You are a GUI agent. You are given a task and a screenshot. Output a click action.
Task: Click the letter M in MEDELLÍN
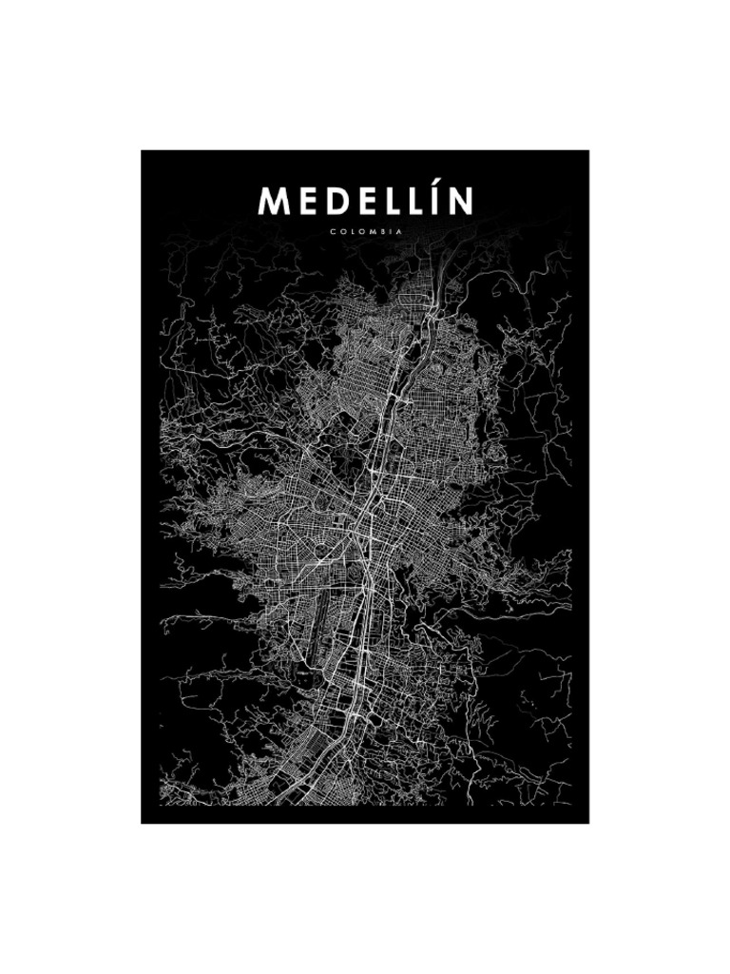273,201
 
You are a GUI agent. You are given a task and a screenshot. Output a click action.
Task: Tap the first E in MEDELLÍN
305,201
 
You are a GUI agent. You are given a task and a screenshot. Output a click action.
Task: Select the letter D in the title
333,201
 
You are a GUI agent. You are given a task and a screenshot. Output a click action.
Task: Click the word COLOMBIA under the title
365,230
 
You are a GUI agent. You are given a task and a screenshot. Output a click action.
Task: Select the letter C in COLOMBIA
332,230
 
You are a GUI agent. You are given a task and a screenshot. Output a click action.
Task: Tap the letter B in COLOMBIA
379,230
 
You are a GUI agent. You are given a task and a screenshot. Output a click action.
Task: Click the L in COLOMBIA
350,230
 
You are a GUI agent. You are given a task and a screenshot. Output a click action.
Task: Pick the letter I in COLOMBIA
388,230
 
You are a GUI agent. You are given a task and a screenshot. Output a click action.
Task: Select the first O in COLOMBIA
340,230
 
